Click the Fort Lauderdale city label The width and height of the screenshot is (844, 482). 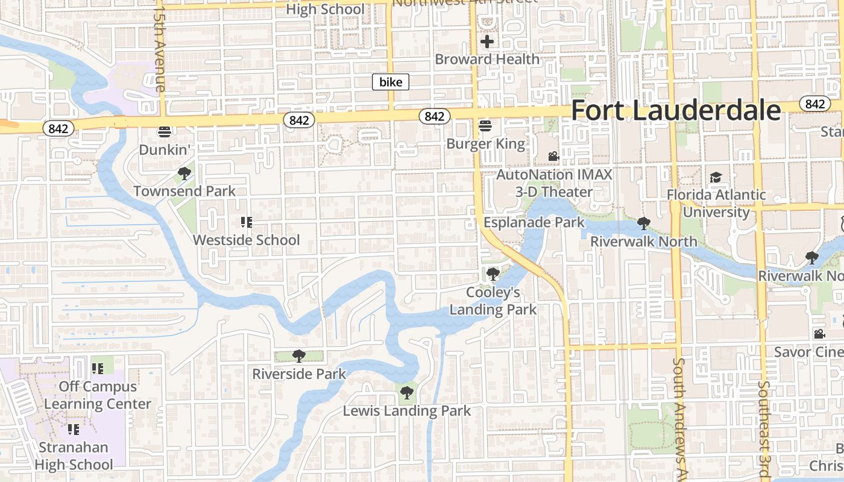click(x=676, y=111)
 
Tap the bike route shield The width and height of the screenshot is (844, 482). click(x=391, y=82)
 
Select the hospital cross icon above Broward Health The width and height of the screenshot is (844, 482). click(x=487, y=42)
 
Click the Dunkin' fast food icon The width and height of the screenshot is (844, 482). click(x=165, y=131)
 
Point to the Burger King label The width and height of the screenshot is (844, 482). click(x=486, y=144)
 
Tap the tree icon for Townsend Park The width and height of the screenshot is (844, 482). click(x=184, y=174)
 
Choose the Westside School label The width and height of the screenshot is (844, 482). click(x=246, y=240)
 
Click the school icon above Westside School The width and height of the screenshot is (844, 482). click(x=245, y=222)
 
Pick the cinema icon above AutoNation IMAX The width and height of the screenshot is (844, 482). click(x=553, y=157)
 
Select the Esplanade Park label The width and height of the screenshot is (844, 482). click(x=534, y=222)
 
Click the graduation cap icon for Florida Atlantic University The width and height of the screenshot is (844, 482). click(x=716, y=177)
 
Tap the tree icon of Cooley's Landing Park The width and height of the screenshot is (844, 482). click(x=493, y=274)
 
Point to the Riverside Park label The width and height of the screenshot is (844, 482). click(x=299, y=374)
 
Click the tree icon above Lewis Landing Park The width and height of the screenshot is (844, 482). click(x=407, y=393)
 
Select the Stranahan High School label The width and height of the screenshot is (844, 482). click(x=74, y=456)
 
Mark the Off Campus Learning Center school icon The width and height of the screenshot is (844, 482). click(x=98, y=368)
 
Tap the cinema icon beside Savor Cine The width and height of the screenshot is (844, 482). click(x=819, y=334)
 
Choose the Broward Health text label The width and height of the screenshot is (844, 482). click(x=487, y=59)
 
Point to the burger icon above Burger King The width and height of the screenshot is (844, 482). click(x=485, y=126)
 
